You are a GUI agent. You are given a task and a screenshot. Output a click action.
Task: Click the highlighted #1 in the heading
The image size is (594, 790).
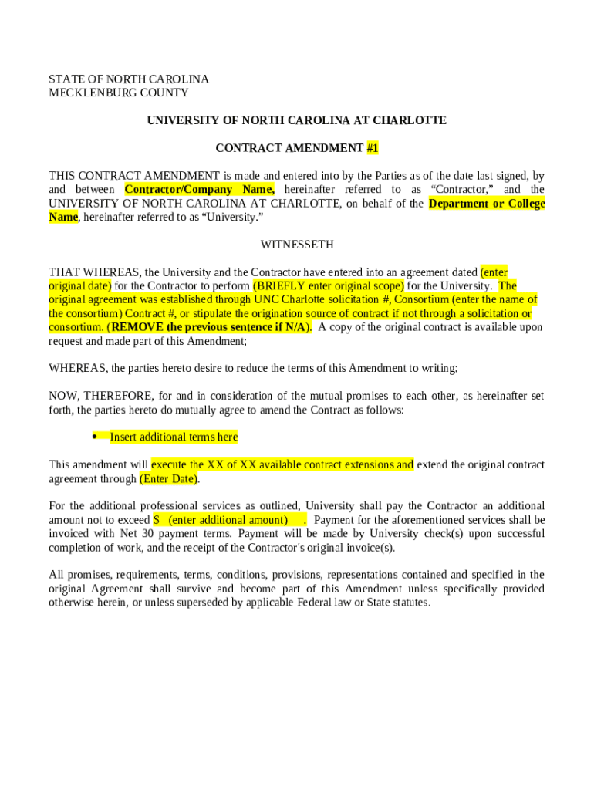click(373, 148)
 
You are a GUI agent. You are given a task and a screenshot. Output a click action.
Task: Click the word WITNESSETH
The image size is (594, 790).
click(297, 245)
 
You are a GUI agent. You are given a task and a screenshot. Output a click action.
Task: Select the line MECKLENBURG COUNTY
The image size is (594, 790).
click(119, 93)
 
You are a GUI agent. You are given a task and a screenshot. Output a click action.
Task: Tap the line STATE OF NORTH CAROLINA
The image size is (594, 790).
click(129, 79)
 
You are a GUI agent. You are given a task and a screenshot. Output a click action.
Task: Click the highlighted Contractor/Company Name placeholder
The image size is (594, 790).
click(199, 189)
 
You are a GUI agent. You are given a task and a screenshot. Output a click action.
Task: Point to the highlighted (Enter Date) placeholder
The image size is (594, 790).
click(168, 478)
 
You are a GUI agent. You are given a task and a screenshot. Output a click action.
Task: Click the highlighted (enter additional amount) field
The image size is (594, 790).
click(229, 520)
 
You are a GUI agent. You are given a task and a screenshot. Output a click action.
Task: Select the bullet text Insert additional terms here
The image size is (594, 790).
click(174, 437)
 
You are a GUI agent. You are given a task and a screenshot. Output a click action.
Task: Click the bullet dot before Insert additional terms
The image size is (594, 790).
click(93, 437)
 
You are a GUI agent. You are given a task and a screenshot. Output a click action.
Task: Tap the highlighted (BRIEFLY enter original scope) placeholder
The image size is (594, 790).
click(328, 285)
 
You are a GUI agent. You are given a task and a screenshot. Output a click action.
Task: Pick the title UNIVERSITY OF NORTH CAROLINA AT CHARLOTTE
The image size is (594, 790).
click(297, 120)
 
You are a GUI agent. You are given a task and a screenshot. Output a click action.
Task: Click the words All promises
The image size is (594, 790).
click(81, 575)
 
